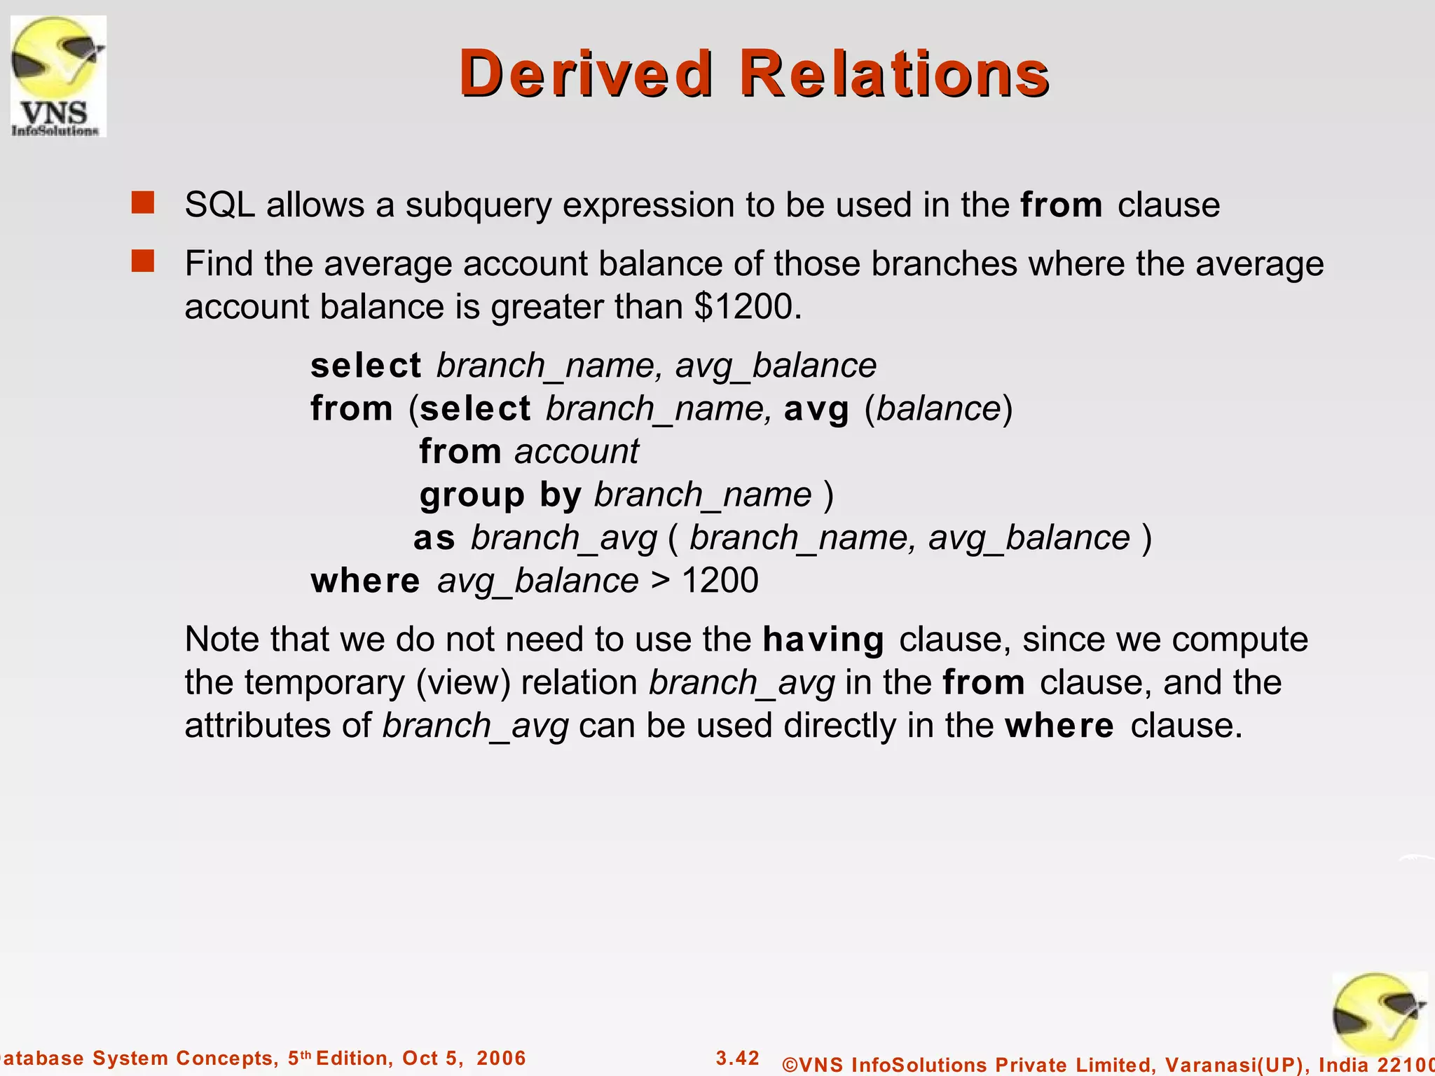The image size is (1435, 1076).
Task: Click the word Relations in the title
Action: tap(894, 74)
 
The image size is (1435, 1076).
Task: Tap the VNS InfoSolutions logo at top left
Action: tap(57, 76)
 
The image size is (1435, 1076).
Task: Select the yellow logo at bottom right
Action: tap(1378, 1016)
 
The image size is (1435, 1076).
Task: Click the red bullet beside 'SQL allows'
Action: tap(143, 203)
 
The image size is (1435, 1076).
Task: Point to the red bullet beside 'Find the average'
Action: tap(143, 262)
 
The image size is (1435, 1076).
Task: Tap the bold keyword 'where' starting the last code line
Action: tap(365, 581)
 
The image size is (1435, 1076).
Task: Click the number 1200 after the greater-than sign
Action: tap(720, 581)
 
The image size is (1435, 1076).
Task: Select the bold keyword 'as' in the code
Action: tap(434, 538)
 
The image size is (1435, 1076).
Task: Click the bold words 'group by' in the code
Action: tap(500, 495)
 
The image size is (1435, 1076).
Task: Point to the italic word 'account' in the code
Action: tap(576, 452)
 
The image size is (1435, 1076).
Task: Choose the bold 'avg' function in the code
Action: tap(816, 409)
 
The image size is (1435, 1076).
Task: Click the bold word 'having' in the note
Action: tap(823, 640)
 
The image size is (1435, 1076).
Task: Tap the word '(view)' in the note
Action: tap(462, 683)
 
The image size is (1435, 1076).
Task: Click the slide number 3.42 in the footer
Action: tap(737, 1058)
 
